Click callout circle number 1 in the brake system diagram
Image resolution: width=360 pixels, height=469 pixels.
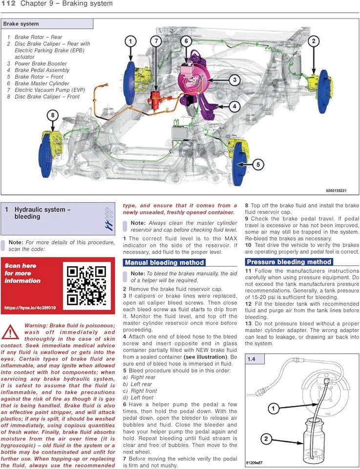pyautogui.click(x=130, y=42)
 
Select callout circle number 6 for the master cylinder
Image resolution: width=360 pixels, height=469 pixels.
pyautogui.click(x=186, y=42)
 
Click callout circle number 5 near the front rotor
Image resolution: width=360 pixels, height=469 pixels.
pyautogui.click(x=259, y=165)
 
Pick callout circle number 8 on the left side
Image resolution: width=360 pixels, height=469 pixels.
pyautogui.click(x=53, y=116)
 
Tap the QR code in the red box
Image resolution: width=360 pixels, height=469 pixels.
pyautogui.click(x=86, y=285)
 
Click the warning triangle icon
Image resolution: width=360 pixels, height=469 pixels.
pyautogui.click(x=10, y=332)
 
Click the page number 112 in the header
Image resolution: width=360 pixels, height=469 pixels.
pyautogui.click(x=9, y=4)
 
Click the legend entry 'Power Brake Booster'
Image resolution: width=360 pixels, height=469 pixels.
pyautogui.click(x=41, y=64)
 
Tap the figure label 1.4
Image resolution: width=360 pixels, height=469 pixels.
pyautogui.click(x=252, y=360)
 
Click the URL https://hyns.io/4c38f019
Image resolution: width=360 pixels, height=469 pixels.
pyautogui.click(x=30, y=308)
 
